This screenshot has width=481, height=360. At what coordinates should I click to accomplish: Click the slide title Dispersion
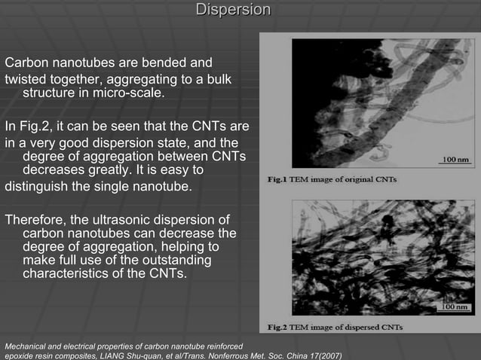coord(233,10)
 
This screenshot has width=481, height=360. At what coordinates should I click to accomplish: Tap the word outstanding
coord(168,260)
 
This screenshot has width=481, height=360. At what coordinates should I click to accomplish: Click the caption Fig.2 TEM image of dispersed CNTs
coord(335,328)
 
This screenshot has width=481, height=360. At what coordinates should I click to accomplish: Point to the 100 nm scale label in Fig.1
coord(456,160)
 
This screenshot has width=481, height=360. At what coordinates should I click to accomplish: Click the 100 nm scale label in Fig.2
coord(456,308)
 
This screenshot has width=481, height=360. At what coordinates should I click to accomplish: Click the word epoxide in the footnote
coord(22,355)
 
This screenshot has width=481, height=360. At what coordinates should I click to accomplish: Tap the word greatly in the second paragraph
coord(116,170)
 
